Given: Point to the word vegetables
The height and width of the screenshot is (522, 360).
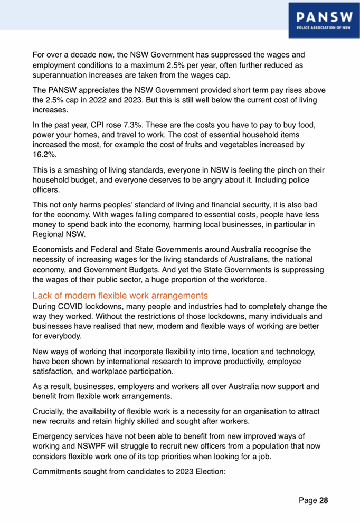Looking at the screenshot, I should point(247,144).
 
